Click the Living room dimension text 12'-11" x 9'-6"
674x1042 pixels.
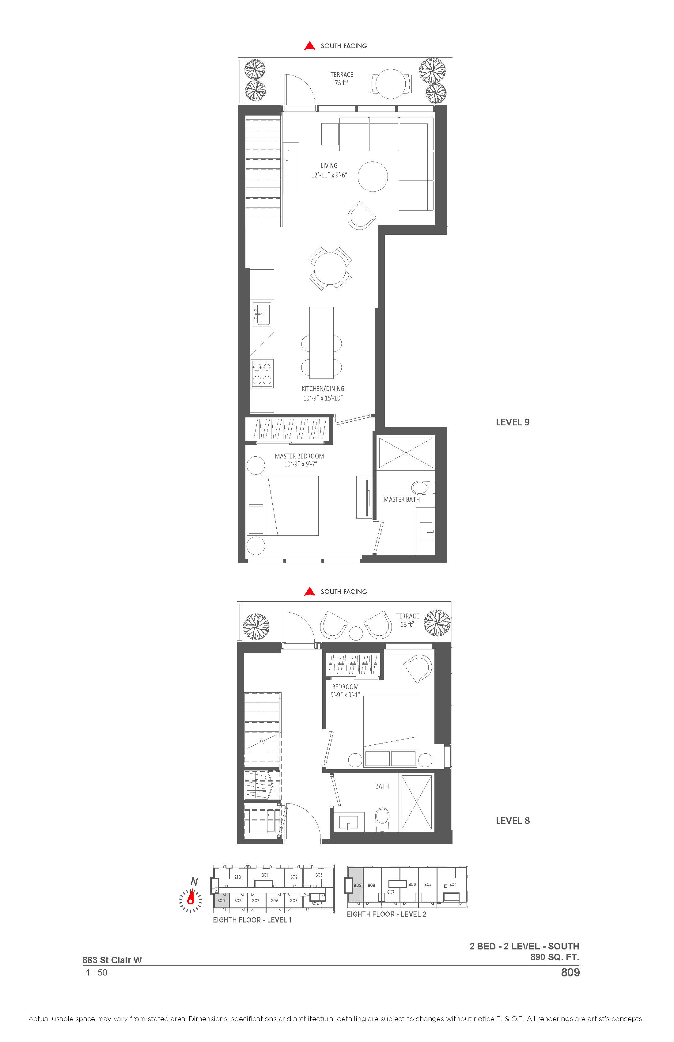pyautogui.click(x=329, y=175)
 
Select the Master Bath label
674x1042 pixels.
pyautogui.click(x=401, y=499)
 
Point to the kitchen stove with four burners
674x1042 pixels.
pyautogui.click(x=262, y=374)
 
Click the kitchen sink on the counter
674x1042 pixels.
pyautogui.click(x=262, y=314)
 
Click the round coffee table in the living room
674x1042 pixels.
pyautogui.click(x=373, y=177)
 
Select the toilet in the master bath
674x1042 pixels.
pyautogui.click(x=422, y=487)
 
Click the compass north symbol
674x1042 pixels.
pyautogui.click(x=191, y=897)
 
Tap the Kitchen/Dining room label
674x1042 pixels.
pyautogui.click(x=323, y=389)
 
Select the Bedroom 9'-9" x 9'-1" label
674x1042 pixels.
pyautogui.click(x=345, y=691)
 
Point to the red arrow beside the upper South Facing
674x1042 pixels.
pyautogui.click(x=310, y=46)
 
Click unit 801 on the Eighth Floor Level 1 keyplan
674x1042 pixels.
pyautogui.click(x=264, y=875)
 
